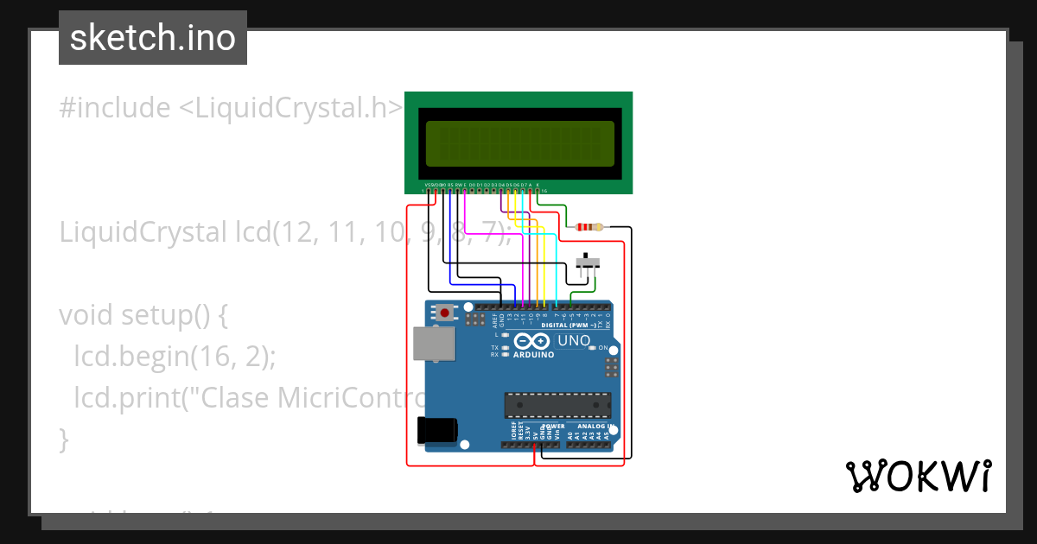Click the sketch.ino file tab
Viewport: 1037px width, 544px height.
click(152, 38)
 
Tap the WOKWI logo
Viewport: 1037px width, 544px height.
click(918, 476)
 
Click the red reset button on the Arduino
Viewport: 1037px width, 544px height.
click(445, 313)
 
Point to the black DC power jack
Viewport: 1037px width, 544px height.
click(436, 430)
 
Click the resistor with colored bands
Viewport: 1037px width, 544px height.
click(588, 228)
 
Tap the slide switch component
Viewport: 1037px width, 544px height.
click(588, 262)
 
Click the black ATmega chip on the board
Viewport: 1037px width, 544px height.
click(557, 404)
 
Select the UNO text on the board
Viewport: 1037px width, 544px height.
click(574, 341)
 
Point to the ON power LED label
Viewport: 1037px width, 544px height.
click(603, 348)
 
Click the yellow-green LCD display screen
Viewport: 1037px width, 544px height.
click(518, 143)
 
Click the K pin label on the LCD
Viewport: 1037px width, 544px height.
click(538, 185)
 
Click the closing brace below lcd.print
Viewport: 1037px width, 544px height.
click(63, 440)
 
